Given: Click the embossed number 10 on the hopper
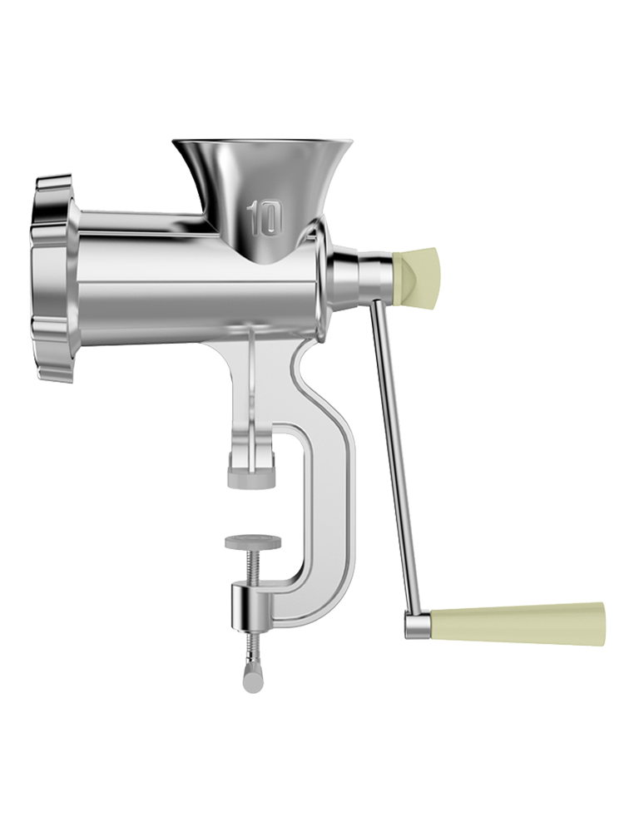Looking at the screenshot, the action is click(x=264, y=216).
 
